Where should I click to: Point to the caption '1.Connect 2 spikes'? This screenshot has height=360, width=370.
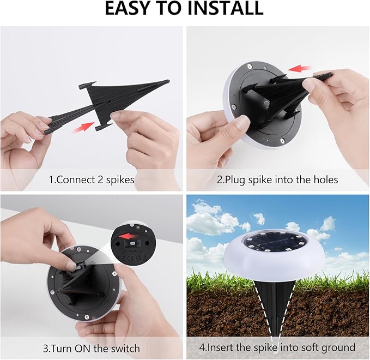91,179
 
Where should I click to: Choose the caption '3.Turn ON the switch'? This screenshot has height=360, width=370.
91,347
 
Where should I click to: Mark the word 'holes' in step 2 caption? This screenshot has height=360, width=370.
325,179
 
